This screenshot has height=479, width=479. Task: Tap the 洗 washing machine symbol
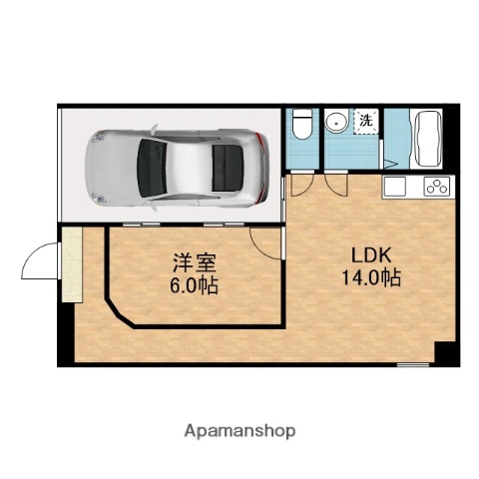(x=365, y=121)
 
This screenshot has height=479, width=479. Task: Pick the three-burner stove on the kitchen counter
(x=436, y=186)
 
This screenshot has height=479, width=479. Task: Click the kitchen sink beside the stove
(x=394, y=186)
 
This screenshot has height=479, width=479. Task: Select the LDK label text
(x=363, y=254)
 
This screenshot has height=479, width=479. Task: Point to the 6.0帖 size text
(x=194, y=285)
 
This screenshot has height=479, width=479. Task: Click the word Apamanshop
(x=239, y=431)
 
